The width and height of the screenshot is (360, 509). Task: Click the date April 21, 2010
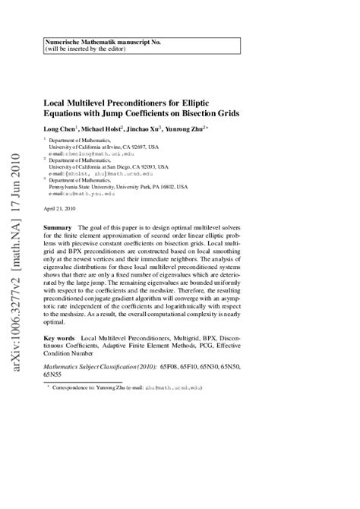click(61, 208)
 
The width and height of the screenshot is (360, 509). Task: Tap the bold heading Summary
click(58, 228)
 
